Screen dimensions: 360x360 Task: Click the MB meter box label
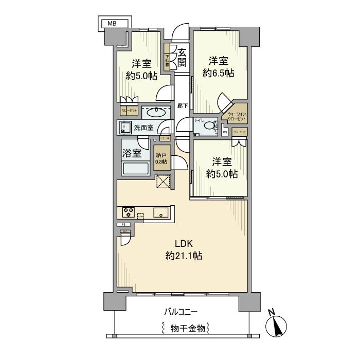click(112, 24)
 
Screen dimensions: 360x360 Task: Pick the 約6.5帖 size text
click(219, 73)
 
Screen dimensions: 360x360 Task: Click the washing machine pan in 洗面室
click(126, 127)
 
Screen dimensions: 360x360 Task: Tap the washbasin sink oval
click(155, 112)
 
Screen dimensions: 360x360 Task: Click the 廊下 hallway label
click(182, 105)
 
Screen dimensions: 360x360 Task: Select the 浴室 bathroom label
click(132, 153)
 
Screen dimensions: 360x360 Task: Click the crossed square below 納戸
click(163, 182)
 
